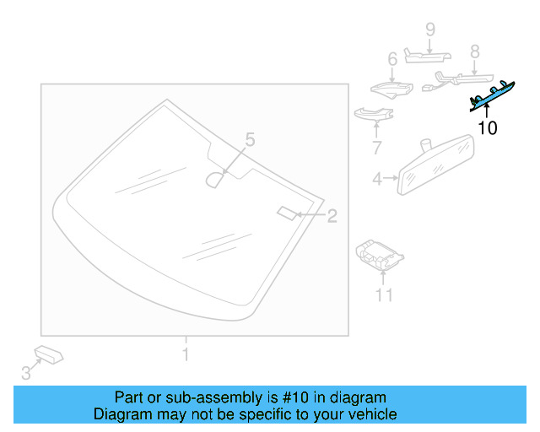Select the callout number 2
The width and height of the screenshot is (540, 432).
(x=332, y=216)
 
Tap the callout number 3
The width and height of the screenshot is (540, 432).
(x=26, y=372)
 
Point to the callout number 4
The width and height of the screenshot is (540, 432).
(x=378, y=178)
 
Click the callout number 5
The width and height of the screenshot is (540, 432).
(x=249, y=139)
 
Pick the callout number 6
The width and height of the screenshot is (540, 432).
(x=391, y=59)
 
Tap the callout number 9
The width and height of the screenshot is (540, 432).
(x=429, y=30)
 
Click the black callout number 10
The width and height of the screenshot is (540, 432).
(x=488, y=128)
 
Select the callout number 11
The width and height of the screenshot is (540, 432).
(x=384, y=294)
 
